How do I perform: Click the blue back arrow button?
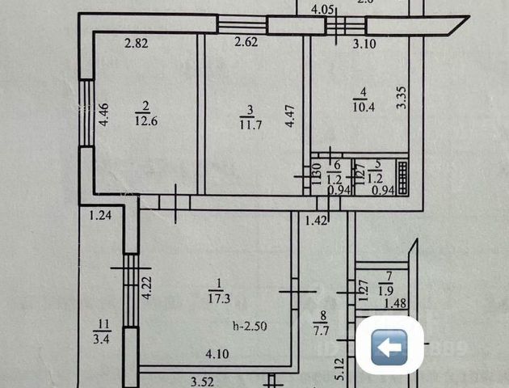[390, 348]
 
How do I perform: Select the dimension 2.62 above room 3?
[246, 44]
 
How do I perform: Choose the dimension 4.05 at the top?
[322, 10]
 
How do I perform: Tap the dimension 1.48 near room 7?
[395, 303]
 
